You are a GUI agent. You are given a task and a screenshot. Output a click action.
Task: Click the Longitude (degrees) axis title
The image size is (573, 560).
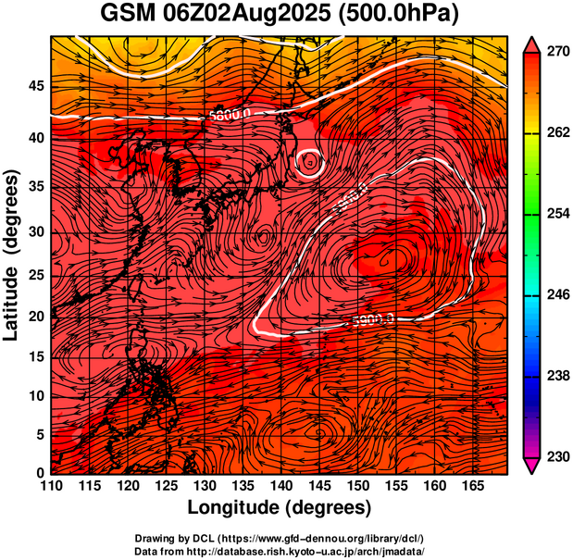(x=280, y=508)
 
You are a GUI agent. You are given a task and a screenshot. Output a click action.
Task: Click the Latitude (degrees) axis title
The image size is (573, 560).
(x=12, y=255)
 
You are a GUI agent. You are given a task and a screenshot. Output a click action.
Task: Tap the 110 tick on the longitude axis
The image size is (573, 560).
(x=51, y=485)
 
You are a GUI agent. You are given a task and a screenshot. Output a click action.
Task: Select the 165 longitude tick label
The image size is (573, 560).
(x=470, y=485)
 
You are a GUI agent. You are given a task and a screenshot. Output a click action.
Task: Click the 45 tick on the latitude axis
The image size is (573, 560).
(x=34, y=87)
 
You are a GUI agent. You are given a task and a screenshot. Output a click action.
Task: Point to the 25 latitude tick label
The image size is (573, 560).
(x=34, y=276)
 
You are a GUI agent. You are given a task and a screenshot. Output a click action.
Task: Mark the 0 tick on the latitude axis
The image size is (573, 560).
(x=40, y=473)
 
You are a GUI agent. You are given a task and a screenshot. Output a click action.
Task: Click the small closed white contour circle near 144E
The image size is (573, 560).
(x=309, y=163)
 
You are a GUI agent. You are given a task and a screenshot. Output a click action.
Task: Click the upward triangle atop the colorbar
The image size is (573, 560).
(x=532, y=44)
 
